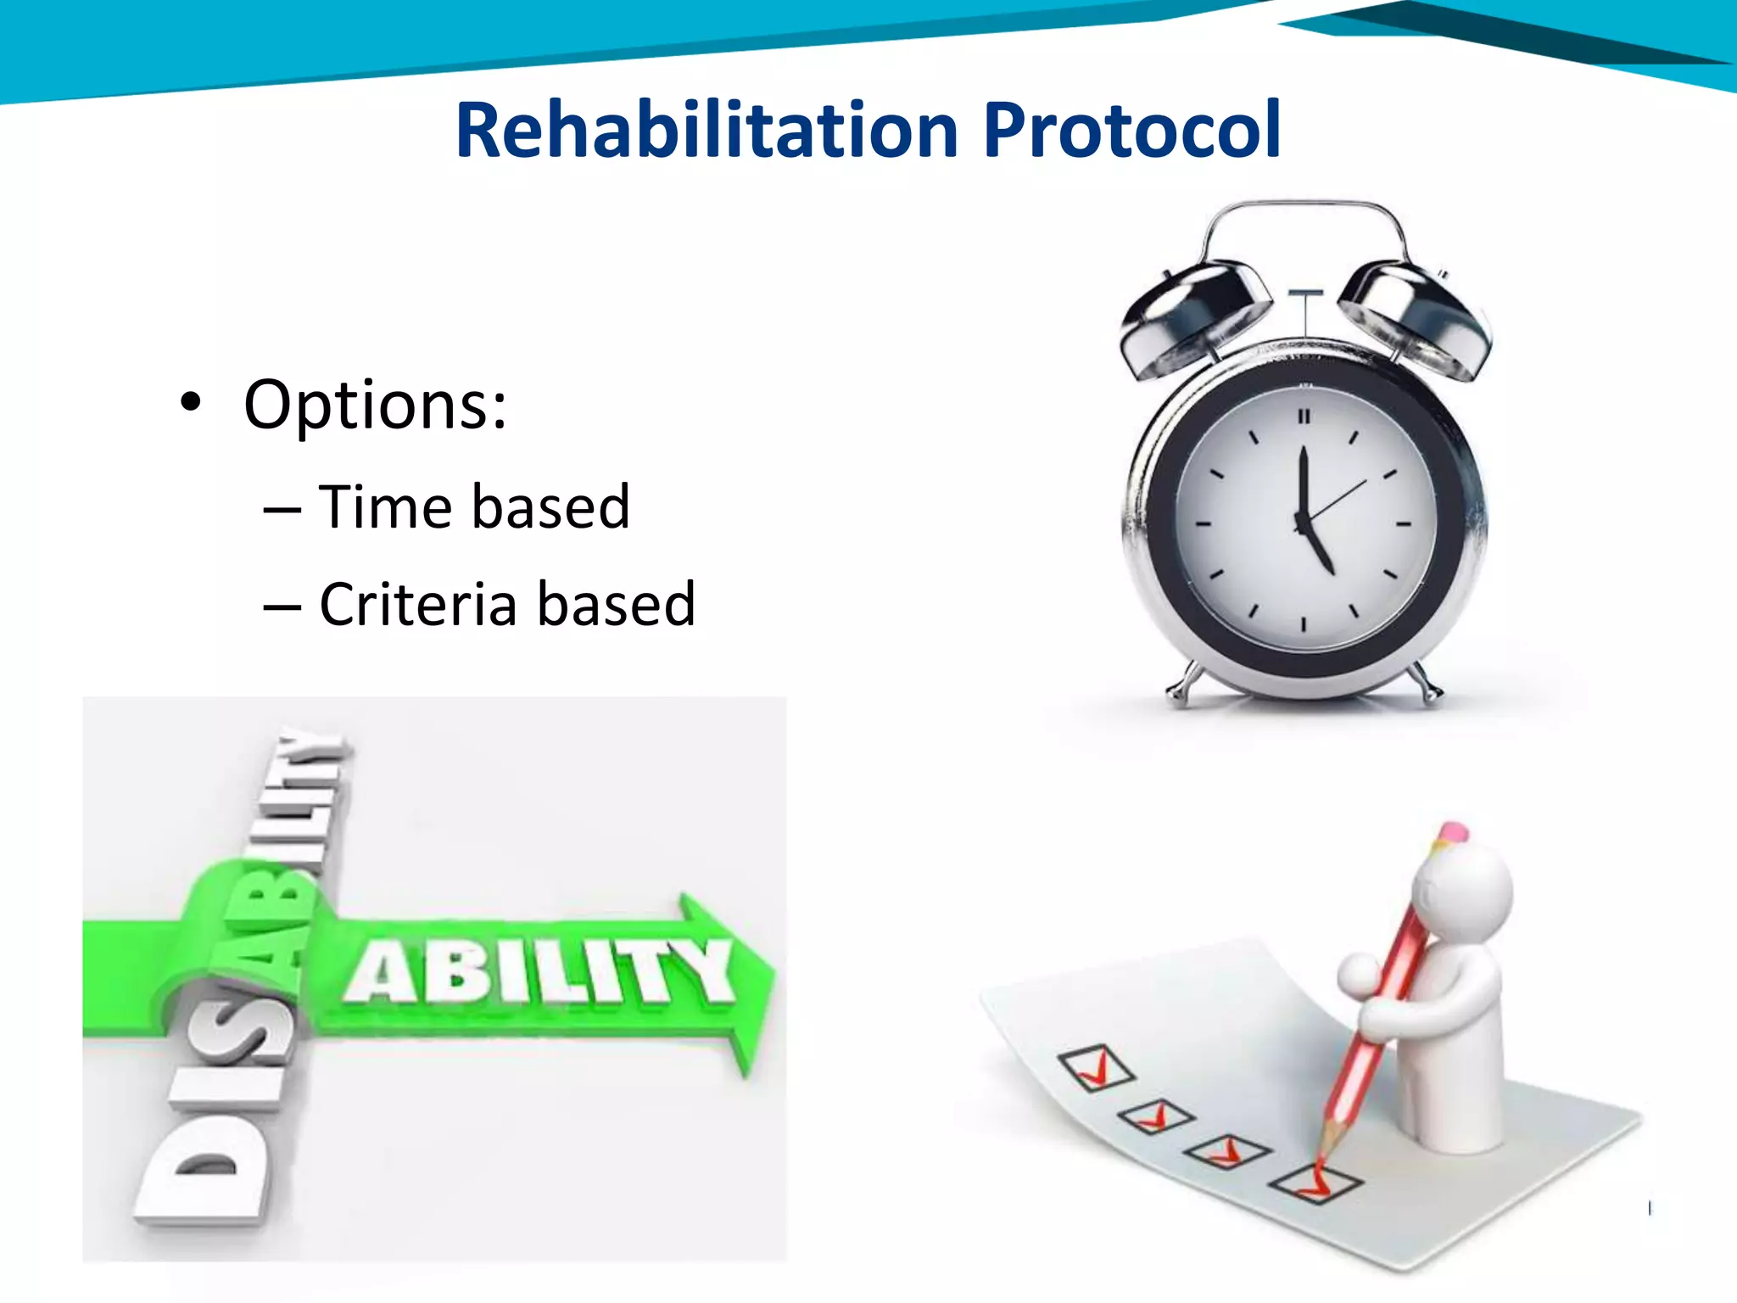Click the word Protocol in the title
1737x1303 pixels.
[1131, 131]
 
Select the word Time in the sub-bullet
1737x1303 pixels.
[386, 507]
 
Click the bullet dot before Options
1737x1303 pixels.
[191, 403]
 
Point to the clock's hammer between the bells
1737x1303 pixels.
[1305, 294]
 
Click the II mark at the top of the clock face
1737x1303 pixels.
[1304, 417]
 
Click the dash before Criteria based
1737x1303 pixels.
[282, 607]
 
